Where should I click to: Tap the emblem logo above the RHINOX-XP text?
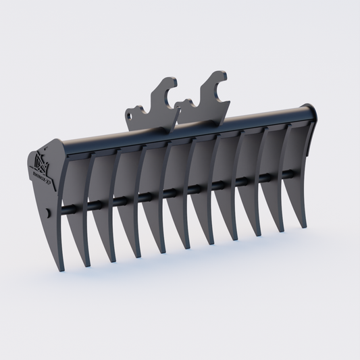point(42,163)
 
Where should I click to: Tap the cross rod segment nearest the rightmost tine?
point(289,174)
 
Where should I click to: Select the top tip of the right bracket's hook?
point(217,73)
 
